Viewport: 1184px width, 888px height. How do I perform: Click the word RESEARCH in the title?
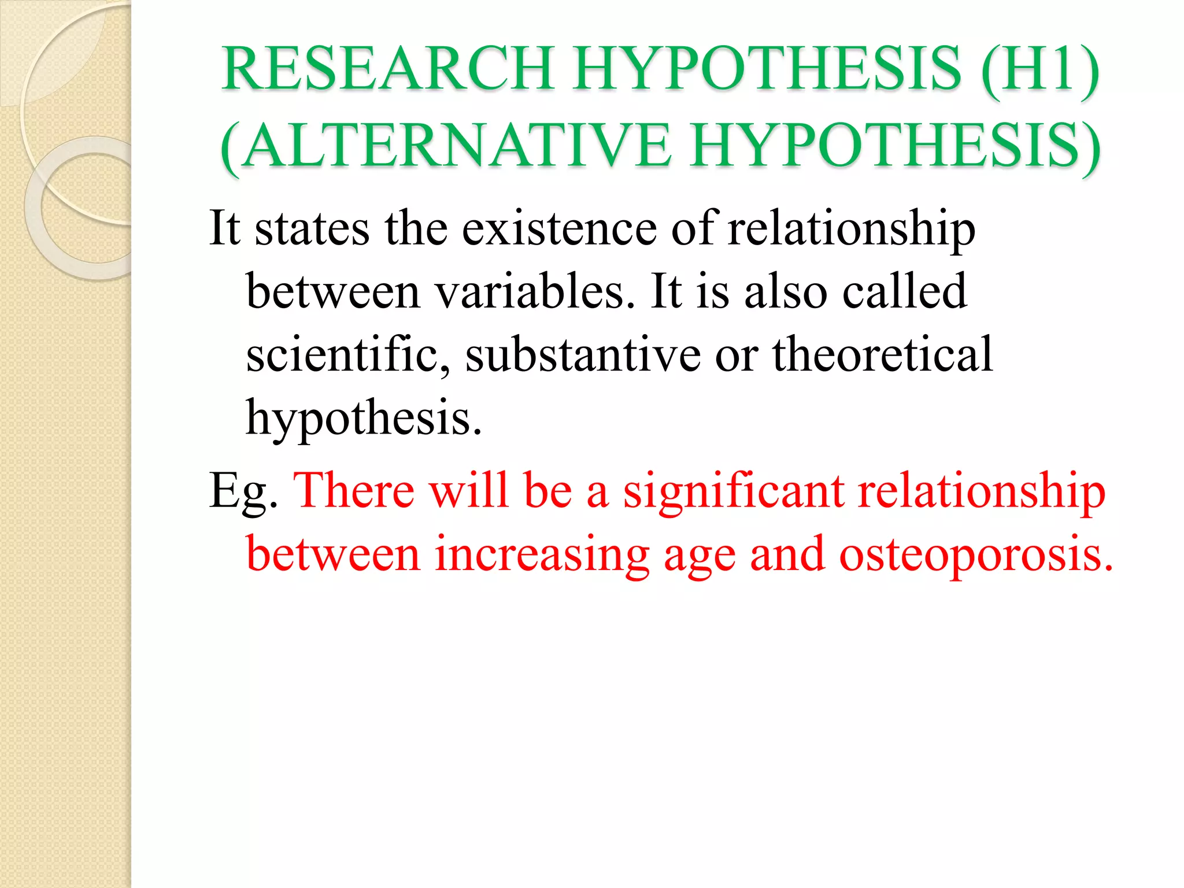click(388, 69)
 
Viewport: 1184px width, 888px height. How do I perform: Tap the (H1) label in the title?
click(1040, 69)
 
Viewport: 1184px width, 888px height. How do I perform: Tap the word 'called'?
click(904, 291)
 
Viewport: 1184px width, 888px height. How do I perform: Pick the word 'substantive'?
click(583, 354)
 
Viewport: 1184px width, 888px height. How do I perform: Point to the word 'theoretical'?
click(882, 354)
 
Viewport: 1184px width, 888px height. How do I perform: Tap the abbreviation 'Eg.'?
click(243, 492)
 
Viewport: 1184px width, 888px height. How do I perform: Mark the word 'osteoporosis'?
click(975, 556)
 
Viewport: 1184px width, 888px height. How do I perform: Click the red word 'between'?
click(333, 554)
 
